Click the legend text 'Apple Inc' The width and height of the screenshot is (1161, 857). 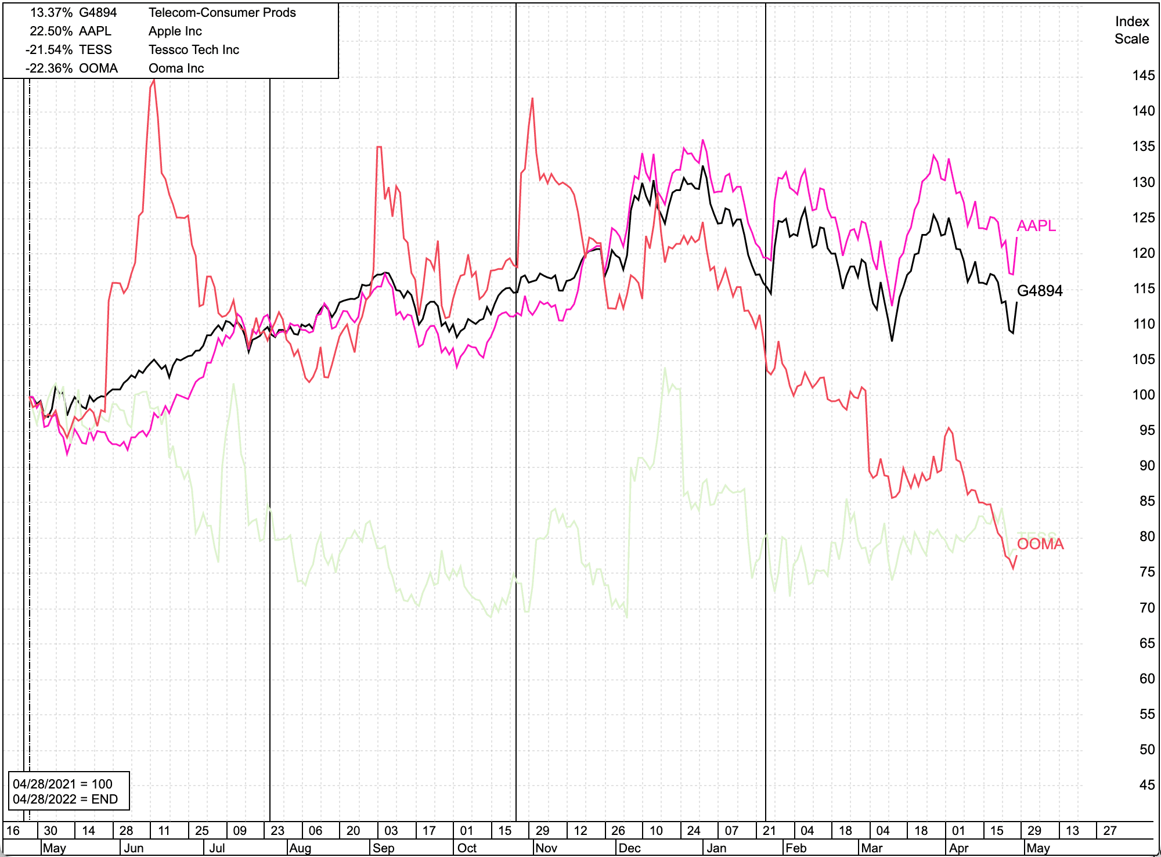(175, 31)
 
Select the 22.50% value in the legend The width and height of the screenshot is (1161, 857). (51, 31)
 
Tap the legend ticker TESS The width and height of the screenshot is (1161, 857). (95, 50)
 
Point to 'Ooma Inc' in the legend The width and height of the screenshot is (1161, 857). (176, 69)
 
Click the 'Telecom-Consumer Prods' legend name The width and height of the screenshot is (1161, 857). (222, 13)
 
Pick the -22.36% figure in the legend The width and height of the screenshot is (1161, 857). (49, 69)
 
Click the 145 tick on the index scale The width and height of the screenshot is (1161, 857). (1143, 75)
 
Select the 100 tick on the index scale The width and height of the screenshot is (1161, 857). (1143, 395)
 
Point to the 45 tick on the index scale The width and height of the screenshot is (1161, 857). (1146, 785)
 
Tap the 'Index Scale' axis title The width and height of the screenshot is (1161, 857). (1131, 30)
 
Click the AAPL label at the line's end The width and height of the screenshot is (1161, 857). (1036, 225)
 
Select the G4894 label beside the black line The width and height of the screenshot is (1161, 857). (1040, 291)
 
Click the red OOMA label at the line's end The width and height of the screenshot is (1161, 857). (1040, 544)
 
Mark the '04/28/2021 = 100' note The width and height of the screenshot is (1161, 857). (63, 784)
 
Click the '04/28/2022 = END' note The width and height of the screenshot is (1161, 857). (65, 799)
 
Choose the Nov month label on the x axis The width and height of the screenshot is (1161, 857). (546, 848)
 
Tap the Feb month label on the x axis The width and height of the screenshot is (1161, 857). (796, 848)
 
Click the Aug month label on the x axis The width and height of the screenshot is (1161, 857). (300, 848)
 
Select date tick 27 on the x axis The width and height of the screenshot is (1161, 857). (1109, 830)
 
